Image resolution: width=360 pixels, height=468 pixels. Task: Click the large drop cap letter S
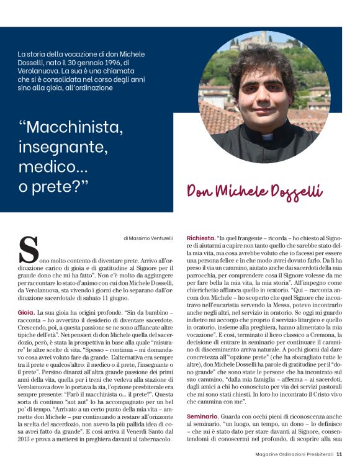(x=29, y=250)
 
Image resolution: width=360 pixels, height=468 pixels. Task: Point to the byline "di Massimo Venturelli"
(x=149, y=237)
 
